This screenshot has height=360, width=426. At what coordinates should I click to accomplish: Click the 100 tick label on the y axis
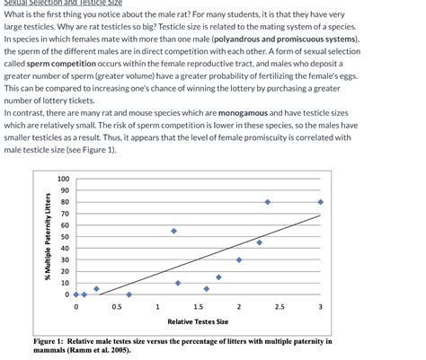63,179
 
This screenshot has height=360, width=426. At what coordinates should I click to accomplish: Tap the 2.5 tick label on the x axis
280,307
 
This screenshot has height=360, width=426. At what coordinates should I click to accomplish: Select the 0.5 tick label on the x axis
117,307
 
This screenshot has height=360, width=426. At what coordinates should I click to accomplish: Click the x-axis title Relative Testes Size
198,321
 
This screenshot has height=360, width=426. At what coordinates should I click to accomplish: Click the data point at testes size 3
321,202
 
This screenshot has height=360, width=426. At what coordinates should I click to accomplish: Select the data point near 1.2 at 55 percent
173,231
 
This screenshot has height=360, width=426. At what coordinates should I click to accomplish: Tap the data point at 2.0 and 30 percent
239,259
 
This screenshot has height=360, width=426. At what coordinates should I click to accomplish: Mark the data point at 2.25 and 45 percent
260,242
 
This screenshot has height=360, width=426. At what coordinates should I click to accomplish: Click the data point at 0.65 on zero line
129,294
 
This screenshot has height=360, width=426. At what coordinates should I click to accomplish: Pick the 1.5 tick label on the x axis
198,307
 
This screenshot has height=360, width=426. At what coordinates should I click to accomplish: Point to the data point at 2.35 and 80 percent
268,202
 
